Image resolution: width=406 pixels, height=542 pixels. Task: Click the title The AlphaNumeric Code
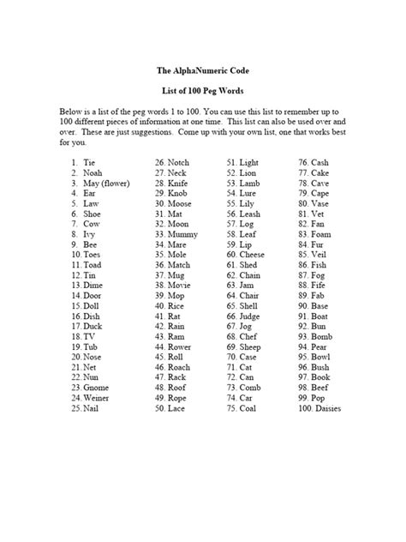202,72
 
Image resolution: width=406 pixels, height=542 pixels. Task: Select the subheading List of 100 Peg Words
202,91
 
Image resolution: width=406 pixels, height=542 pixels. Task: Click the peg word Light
249,162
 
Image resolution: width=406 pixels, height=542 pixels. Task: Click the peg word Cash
321,162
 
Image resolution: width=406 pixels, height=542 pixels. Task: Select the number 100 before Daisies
304,409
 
